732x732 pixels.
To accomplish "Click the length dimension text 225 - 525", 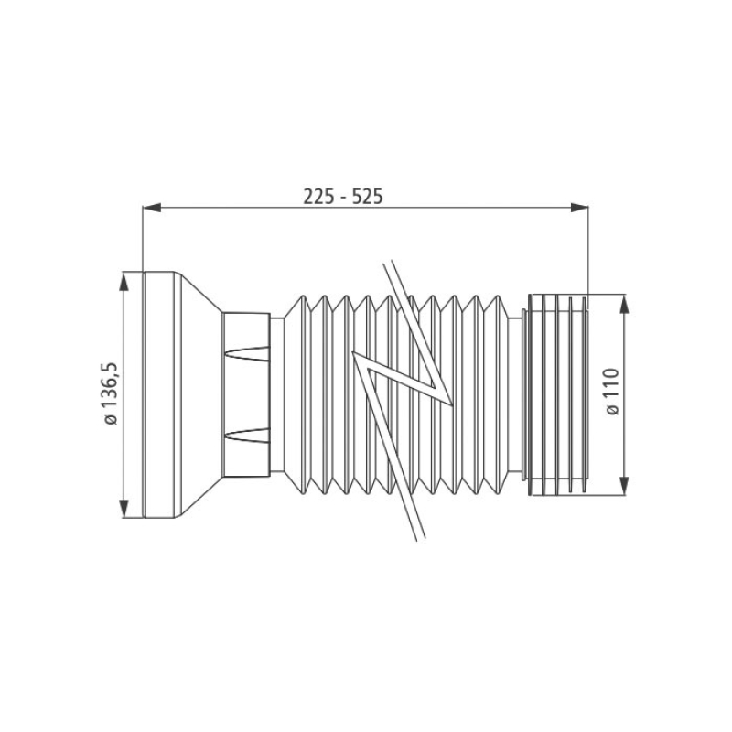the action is click(x=343, y=197).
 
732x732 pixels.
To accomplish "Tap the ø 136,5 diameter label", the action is click(x=112, y=393).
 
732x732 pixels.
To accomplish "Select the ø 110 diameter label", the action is click(x=612, y=392).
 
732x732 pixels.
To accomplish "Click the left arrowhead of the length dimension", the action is click(x=151, y=208).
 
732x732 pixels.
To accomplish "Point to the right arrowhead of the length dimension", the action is click(x=579, y=208).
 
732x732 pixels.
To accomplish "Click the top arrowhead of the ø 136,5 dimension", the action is click(x=124, y=282).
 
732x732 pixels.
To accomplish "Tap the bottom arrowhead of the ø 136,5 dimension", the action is click(x=124, y=508).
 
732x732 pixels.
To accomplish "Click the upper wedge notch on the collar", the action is click(x=246, y=353).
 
